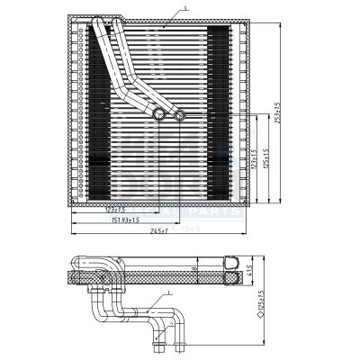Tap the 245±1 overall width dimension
pyautogui.click(x=162, y=230)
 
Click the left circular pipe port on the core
pyautogui.click(x=160, y=113)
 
